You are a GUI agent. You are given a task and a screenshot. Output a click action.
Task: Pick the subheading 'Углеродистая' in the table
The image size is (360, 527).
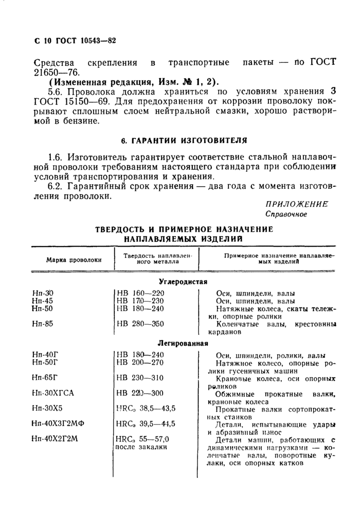point(183,282)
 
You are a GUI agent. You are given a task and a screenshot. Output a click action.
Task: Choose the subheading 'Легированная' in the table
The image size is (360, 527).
point(183,343)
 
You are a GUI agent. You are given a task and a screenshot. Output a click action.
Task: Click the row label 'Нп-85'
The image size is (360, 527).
point(42,324)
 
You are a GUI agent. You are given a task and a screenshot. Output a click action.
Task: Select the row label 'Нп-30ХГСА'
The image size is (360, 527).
point(53,393)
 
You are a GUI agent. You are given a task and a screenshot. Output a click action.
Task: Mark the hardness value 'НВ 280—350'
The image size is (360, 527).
point(140,324)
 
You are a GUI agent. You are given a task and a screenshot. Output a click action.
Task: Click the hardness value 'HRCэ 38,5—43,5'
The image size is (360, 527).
point(146,408)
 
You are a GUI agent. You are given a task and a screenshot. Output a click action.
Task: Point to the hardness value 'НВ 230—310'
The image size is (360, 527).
point(140,377)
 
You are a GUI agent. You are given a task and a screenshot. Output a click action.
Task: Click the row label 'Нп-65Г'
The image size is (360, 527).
point(44,377)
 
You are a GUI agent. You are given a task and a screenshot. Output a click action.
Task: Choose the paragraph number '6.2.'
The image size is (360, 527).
point(54,187)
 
